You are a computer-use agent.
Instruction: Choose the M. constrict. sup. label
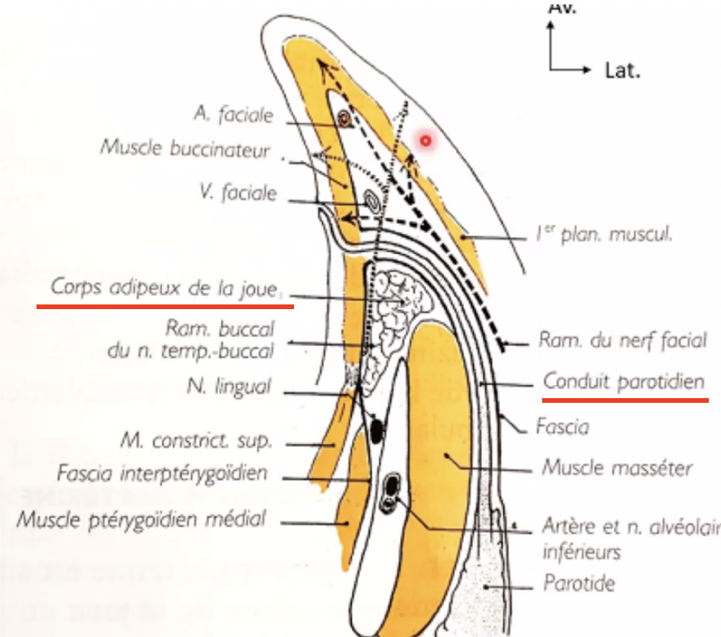click(198, 437)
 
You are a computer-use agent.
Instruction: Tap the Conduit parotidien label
click(623, 382)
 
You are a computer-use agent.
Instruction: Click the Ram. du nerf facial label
click(623, 341)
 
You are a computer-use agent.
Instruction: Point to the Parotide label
click(580, 584)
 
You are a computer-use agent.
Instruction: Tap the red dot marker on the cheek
click(425, 141)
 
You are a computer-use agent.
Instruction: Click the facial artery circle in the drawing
click(345, 119)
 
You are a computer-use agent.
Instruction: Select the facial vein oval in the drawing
click(372, 200)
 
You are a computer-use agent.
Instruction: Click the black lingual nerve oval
click(376, 431)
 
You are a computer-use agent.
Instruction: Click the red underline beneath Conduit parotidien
click(625, 398)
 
